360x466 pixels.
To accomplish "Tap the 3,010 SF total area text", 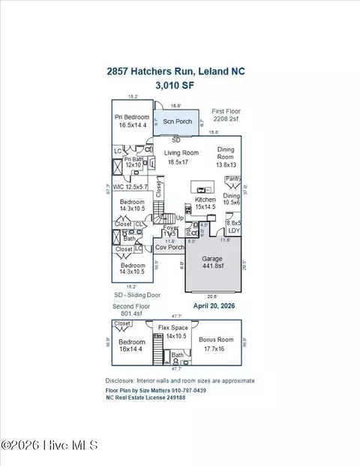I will [x=179, y=86].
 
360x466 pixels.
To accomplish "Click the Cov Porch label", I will [x=169, y=248].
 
